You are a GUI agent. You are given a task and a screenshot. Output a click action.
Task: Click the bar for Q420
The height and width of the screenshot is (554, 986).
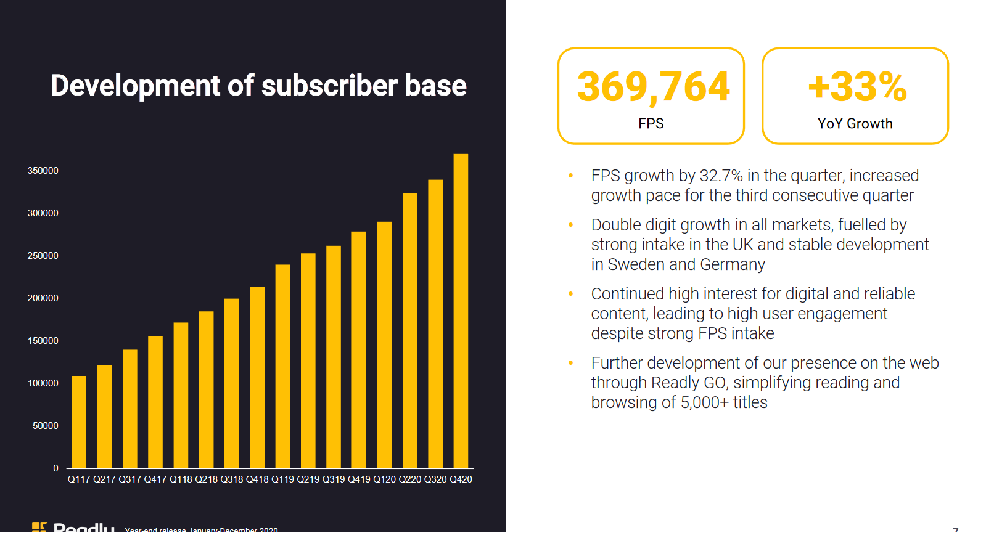(x=461, y=311)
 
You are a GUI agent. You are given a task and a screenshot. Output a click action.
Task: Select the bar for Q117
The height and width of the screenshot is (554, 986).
(x=79, y=422)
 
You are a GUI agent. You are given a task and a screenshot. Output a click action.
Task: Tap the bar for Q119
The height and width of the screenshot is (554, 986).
(x=282, y=367)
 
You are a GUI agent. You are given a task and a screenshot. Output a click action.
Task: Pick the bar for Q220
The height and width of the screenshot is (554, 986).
(x=409, y=331)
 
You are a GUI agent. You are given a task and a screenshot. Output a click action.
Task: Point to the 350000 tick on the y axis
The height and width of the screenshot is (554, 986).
(x=43, y=171)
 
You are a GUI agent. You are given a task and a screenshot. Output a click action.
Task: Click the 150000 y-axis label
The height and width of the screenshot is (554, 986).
(x=43, y=341)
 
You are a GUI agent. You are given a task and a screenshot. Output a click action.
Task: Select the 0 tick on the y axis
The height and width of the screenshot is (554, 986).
(x=55, y=468)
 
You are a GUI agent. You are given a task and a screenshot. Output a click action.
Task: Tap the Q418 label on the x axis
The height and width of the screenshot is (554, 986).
(x=257, y=479)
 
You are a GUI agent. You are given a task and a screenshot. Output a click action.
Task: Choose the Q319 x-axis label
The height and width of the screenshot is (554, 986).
(x=334, y=479)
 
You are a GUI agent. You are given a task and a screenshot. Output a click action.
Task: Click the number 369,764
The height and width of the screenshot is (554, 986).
(x=653, y=86)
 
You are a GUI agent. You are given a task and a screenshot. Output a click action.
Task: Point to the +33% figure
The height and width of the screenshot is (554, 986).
(x=857, y=86)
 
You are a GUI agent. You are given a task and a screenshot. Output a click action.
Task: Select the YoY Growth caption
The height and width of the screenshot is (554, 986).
(x=855, y=124)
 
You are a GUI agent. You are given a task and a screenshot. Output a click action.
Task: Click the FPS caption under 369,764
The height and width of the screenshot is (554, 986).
(x=651, y=124)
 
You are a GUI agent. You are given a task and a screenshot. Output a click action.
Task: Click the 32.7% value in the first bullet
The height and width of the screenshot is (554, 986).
(x=721, y=176)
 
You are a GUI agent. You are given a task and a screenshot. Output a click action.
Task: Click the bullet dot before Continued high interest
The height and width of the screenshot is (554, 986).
(x=571, y=294)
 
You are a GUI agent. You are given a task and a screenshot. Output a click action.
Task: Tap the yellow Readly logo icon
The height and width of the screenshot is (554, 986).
(x=39, y=527)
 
